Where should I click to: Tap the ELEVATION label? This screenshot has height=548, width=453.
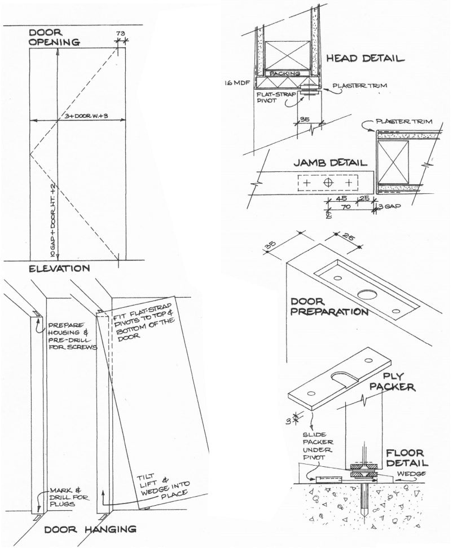(x=59, y=269)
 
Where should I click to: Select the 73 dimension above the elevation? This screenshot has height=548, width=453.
(x=119, y=33)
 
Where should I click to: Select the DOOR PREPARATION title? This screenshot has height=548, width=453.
(x=329, y=305)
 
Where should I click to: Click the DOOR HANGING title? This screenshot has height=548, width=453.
(x=90, y=529)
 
